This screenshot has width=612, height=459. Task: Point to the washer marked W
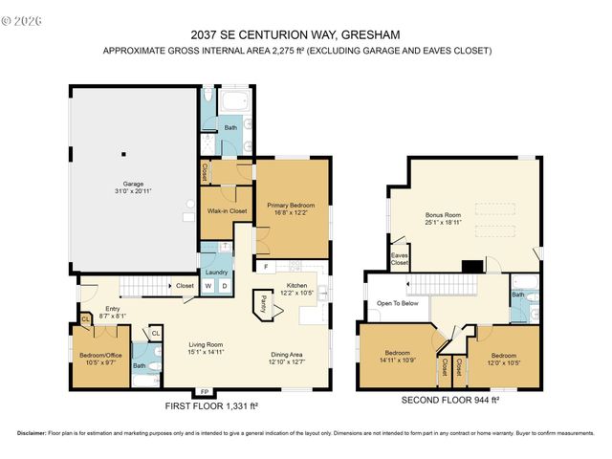(x=208, y=285)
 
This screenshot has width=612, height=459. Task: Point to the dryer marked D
(x=225, y=285)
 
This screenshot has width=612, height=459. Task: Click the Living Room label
(x=205, y=345)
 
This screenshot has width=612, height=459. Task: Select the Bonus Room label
(x=443, y=215)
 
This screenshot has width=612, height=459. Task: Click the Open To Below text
(x=397, y=303)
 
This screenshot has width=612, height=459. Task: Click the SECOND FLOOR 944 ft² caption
(x=450, y=400)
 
